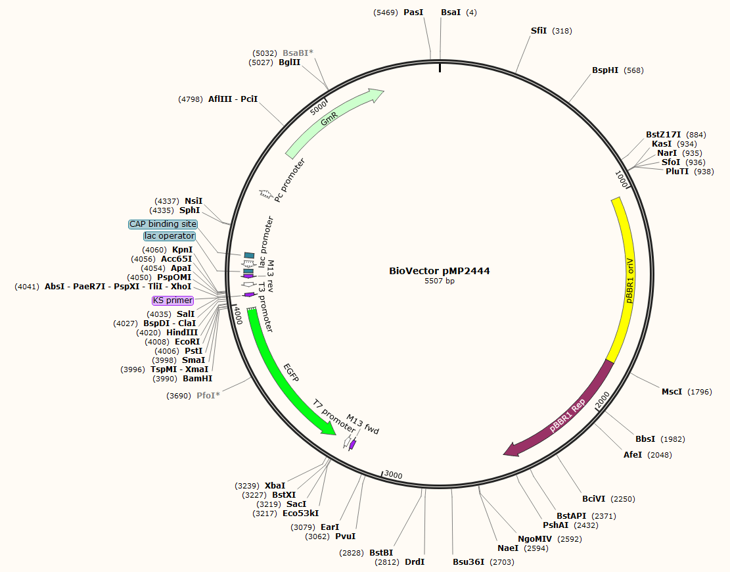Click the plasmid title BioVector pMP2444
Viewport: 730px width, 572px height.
[x=439, y=271]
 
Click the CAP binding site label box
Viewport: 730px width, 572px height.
[x=162, y=224]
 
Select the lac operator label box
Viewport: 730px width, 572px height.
[x=170, y=236]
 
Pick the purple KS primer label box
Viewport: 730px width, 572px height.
[x=173, y=300]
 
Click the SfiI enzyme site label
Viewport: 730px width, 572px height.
[x=538, y=31]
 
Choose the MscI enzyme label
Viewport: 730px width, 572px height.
[x=672, y=392]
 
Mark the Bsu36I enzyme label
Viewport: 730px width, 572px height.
[x=468, y=561]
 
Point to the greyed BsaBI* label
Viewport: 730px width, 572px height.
[x=298, y=53]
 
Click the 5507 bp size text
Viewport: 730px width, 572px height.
[x=439, y=281]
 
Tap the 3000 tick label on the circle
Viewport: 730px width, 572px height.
[x=393, y=475]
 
